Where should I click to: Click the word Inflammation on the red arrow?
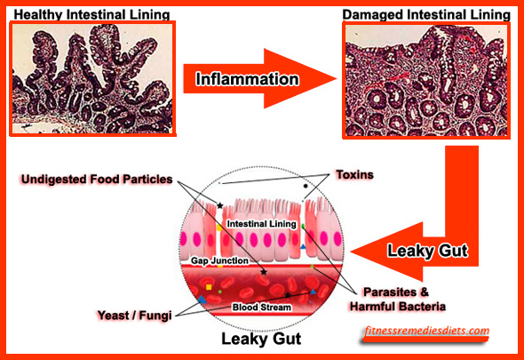click(247, 79)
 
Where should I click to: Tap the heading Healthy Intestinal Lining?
click(91, 15)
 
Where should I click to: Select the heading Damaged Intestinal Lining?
click(426, 15)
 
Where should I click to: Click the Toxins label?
click(354, 174)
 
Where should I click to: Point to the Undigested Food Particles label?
click(97, 179)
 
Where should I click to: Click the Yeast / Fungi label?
click(134, 316)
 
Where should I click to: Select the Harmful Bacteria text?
click(398, 307)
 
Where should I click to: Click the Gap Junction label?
click(219, 260)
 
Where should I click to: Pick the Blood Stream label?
click(262, 308)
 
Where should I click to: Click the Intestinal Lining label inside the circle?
click(262, 224)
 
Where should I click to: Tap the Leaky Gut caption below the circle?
click(261, 339)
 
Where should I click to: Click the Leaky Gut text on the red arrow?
click(427, 251)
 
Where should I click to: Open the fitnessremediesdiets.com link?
click(427, 331)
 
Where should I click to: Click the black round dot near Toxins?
click(306, 186)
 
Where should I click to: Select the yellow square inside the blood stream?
click(209, 287)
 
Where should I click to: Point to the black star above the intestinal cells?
click(220, 205)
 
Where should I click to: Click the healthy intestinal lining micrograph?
click(92, 78)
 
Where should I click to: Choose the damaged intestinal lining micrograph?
click(426, 80)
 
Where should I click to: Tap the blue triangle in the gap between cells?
click(303, 246)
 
